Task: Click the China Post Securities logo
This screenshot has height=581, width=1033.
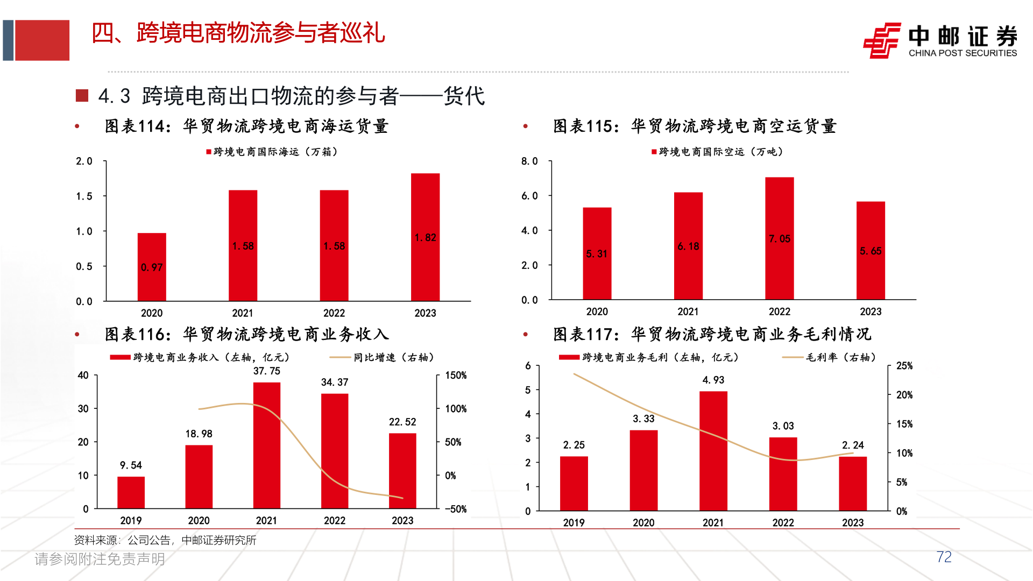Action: coord(882,40)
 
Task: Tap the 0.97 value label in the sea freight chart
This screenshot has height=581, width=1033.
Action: coord(152,267)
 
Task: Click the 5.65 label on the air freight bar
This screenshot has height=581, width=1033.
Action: coord(871,251)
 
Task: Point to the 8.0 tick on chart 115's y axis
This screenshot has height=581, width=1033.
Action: coord(529,161)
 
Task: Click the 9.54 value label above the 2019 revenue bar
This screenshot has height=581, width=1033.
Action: coord(131,465)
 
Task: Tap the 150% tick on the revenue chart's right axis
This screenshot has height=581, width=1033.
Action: coord(456,375)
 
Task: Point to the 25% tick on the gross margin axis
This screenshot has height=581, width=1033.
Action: coord(904,366)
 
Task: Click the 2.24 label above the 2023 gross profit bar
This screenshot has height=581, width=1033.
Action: coord(853,445)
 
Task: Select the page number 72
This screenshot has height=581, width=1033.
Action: coord(944,557)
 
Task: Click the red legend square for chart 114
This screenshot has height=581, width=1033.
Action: coord(209,152)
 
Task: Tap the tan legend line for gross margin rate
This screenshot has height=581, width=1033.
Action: coord(793,357)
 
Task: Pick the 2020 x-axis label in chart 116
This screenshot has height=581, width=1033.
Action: coord(199,521)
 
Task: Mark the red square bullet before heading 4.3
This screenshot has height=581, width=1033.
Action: coord(82,96)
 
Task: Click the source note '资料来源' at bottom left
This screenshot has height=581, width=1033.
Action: coord(96,540)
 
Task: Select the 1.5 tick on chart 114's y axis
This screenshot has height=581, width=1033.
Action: coord(84,196)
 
